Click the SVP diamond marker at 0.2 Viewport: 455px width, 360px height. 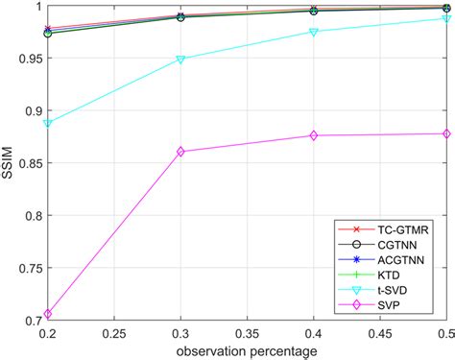(48, 314)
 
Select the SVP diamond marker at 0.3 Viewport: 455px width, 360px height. (181, 152)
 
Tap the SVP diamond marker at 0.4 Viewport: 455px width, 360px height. (315, 135)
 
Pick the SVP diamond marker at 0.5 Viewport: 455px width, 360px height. (447, 133)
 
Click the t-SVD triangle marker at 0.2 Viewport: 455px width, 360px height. (48, 124)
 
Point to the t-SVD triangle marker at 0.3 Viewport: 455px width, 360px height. (181, 60)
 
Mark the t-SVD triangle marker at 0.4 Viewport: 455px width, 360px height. (315, 32)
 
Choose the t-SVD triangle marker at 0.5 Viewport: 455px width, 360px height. (447, 18)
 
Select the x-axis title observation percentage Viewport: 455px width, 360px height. (248, 351)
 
